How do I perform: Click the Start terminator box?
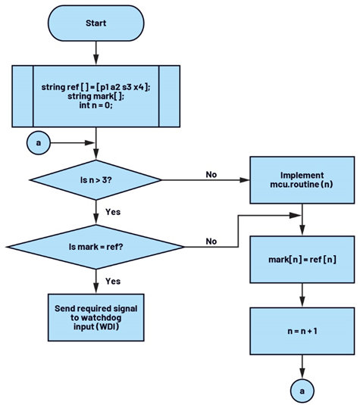pos(96,23)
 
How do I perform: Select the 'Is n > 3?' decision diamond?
pos(96,180)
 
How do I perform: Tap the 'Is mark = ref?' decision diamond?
pos(96,247)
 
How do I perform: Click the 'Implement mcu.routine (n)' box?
pos(302,180)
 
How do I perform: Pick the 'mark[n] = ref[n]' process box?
pos(302,260)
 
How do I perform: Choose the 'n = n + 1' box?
pos(302,331)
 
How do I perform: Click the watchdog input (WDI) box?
pos(96,317)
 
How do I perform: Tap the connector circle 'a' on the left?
pos(39,143)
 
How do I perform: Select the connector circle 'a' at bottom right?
pos(302,391)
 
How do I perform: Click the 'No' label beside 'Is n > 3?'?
pos(211,175)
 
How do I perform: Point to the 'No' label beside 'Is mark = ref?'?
pos(211,241)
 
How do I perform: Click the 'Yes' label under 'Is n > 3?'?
pos(113,212)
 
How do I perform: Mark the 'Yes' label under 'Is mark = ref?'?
pos(113,281)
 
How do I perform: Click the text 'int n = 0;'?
pos(96,105)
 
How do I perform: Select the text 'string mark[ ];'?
pos(96,96)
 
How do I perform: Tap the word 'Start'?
pos(96,23)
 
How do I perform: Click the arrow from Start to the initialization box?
pos(96,53)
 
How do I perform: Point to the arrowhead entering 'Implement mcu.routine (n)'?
pos(245,180)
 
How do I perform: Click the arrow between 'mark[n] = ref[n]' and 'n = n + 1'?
pos(302,295)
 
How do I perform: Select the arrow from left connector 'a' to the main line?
pos(73,143)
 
